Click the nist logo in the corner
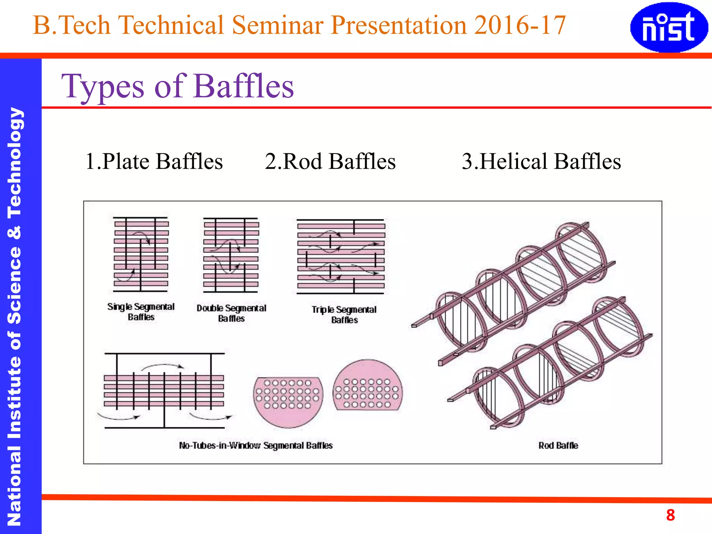(669, 27)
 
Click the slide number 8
(670, 515)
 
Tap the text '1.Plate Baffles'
(154, 161)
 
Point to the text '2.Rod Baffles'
(330, 161)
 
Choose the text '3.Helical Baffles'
(541, 161)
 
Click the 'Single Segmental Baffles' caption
(141, 311)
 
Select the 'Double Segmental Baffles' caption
(231, 313)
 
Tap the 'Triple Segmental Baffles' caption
(344, 314)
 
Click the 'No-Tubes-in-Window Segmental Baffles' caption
(256, 445)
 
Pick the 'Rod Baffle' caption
(558, 445)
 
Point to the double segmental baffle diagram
(231, 255)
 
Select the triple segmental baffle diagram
(341, 257)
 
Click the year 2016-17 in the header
(520, 25)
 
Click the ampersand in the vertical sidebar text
(15, 232)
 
